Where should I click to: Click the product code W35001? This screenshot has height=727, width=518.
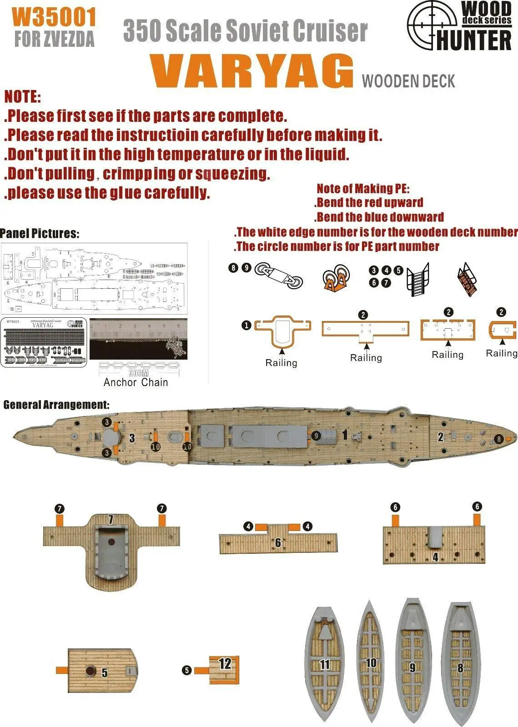coord(54,18)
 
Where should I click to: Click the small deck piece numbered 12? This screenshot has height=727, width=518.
coord(225,669)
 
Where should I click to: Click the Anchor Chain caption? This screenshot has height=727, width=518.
coord(136,382)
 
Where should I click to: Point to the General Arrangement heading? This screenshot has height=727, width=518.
coord(56,405)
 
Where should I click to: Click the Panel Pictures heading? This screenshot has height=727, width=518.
coord(40,234)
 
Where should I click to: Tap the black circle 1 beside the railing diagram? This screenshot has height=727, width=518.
coord(246,325)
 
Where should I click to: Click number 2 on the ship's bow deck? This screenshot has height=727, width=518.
coord(440,437)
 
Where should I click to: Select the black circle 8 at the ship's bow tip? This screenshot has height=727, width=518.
coord(499,439)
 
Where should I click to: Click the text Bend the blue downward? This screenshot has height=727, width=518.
coord(380,217)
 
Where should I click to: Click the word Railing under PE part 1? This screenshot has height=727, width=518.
coord(281,363)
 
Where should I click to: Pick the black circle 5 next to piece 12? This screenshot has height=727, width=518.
coord(186,670)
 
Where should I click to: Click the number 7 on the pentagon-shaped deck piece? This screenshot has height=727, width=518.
coord(111,519)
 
